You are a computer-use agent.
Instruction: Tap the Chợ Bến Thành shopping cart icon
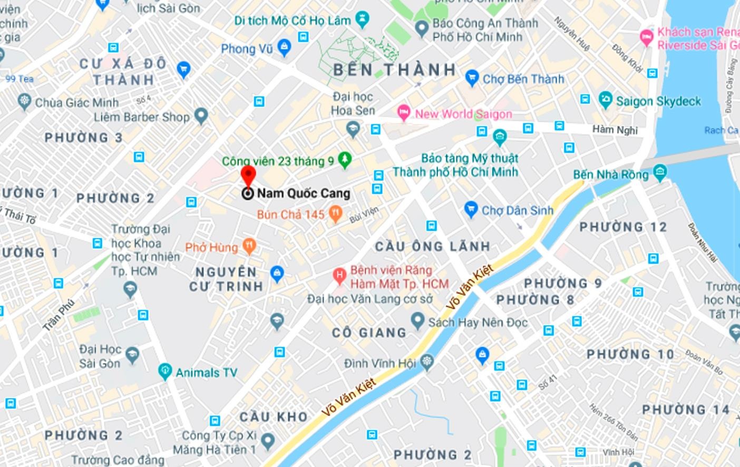pyautogui.click(x=472, y=78)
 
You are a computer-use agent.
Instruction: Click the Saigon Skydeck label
pyautogui.click(x=658, y=101)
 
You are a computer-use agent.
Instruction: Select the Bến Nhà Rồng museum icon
pyautogui.click(x=659, y=172)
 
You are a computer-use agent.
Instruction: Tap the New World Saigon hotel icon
pyautogui.click(x=404, y=112)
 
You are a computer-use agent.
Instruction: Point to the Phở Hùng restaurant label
pyautogui.click(x=211, y=247)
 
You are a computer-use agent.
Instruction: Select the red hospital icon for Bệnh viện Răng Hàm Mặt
pyautogui.click(x=340, y=275)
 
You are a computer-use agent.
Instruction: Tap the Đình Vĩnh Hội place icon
pyautogui.click(x=427, y=362)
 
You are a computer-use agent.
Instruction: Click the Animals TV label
pyautogui.click(x=206, y=373)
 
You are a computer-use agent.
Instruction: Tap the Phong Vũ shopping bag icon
pyautogui.click(x=285, y=48)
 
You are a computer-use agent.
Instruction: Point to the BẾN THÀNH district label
pyautogui.click(x=395, y=70)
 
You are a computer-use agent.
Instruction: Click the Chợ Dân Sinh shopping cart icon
pyautogui.click(x=471, y=209)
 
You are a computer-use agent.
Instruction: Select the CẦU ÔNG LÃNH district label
pyautogui.click(x=433, y=246)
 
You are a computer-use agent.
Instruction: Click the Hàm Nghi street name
pyautogui.click(x=615, y=130)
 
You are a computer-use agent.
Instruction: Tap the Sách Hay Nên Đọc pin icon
pyautogui.click(x=417, y=319)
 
